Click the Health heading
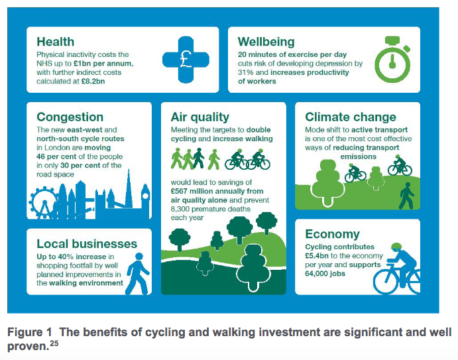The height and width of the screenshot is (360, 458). [x=56, y=42]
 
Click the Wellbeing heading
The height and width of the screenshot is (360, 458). [x=266, y=42]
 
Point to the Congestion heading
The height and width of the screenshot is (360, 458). [x=70, y=117]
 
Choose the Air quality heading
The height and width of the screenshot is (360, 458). [x=200, y=117]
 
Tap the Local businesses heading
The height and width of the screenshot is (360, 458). [x=87, y=243]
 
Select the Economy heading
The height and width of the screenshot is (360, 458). [x=332, y=234]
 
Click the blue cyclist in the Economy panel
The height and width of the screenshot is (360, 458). [x=396, y=270]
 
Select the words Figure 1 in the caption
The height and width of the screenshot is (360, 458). [x=29, y=331]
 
